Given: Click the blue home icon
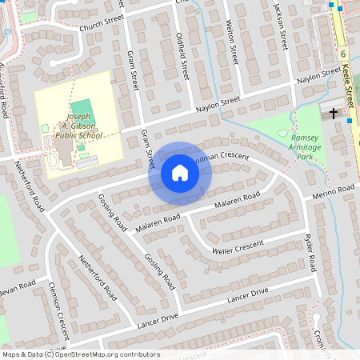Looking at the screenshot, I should (x=179, y=173).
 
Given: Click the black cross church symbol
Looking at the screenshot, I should (x=334, y=114).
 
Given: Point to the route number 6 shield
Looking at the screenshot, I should (x=342, y=54).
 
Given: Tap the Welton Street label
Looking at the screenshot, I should (x=233, y=44).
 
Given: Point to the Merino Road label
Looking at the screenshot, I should (x=334, y=190).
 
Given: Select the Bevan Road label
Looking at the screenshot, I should (x=18, y=288).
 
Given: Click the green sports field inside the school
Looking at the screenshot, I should (x=82, y=111).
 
